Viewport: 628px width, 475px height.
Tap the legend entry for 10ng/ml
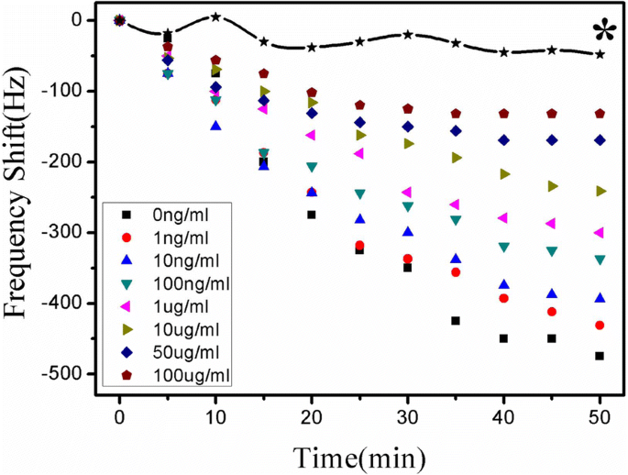click(180, 260)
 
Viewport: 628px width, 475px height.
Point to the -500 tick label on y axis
click(63, 374)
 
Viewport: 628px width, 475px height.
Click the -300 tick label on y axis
click(63, 232)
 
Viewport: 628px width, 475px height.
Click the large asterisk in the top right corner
click(603, 33)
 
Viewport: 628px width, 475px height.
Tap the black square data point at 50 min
click(600, 356)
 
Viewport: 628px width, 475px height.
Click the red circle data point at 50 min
click(600, 326)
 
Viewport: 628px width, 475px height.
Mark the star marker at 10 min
click(215, 17)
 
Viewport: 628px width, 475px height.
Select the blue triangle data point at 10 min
click(215, 126)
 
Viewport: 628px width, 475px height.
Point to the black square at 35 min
click(456, 321)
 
